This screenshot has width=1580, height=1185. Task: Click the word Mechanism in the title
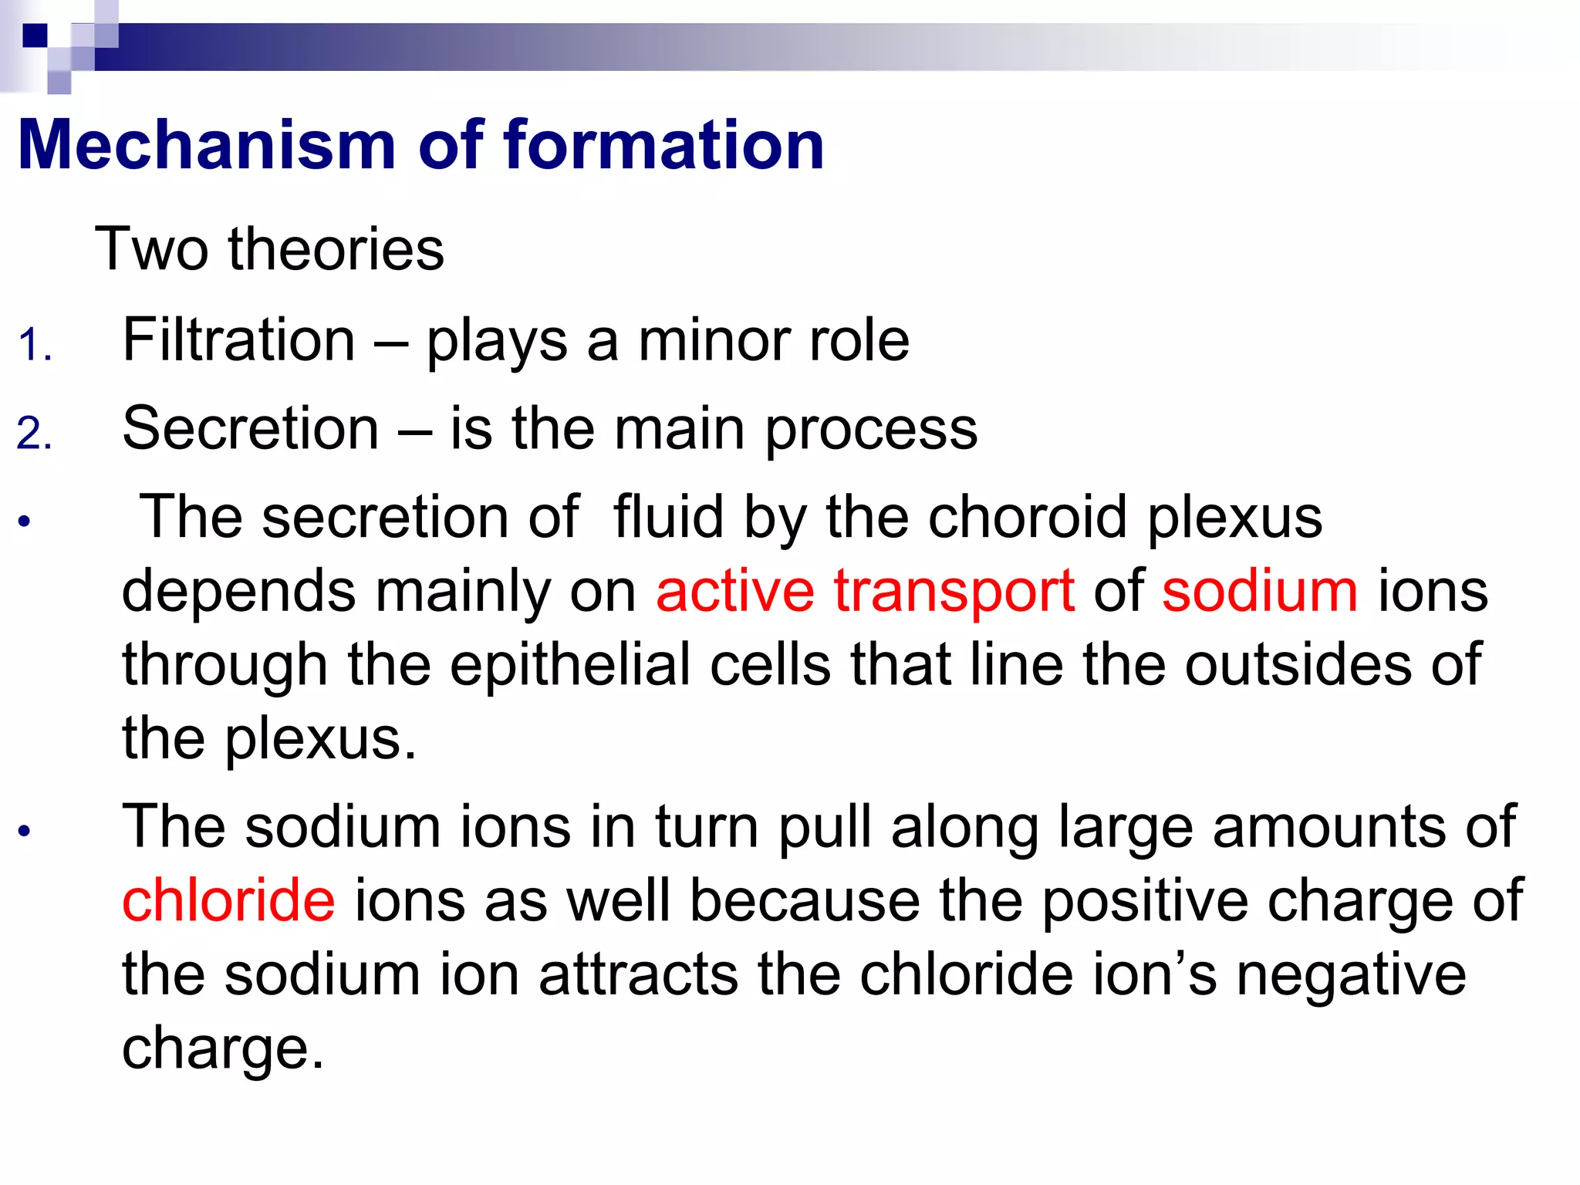pos(207,146)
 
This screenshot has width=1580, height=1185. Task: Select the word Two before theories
pos(151,249)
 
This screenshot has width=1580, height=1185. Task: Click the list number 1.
pos(35,344)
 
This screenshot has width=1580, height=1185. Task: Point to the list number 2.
pos(35,433)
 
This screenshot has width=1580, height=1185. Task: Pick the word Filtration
pos(238,339)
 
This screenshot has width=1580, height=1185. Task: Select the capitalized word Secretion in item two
pos(250,428)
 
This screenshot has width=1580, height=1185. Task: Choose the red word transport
pos(954,591)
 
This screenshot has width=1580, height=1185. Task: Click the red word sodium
pos(1260,591)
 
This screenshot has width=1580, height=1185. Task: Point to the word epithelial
pos(570,665)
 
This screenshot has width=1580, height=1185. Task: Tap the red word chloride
pos(228,900)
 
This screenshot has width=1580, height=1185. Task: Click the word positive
pos(1145,900)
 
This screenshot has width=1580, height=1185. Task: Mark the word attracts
pos(638,974)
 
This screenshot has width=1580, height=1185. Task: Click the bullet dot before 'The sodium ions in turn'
pos(25,832)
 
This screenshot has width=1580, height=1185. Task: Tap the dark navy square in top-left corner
pos(35,35)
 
